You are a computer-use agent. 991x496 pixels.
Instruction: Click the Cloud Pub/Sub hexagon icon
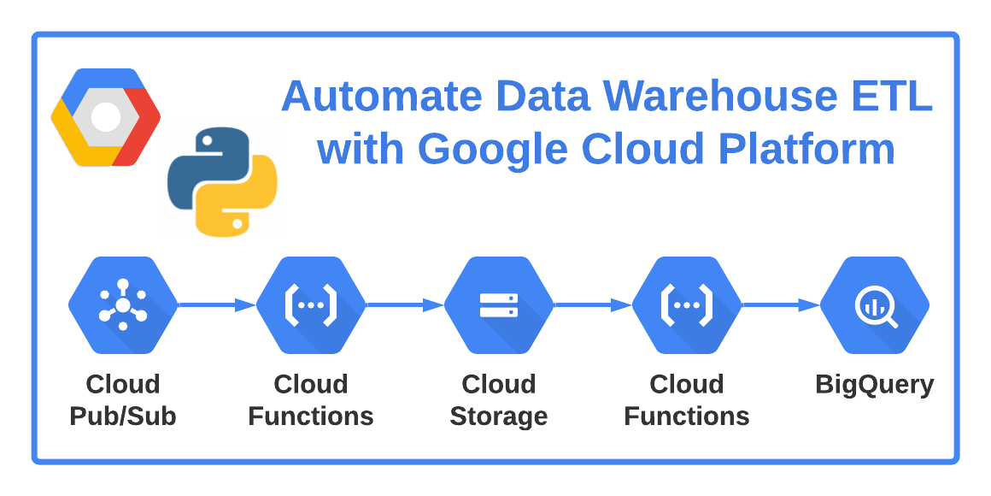click(x=123, y=305)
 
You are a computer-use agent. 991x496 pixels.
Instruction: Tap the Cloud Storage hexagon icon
click(x=499, y=305)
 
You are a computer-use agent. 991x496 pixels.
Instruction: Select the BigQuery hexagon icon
click(x=875, y=305)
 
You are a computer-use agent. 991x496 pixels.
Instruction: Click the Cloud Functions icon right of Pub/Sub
click(x=311, y=305)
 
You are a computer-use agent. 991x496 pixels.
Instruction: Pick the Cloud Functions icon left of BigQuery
click(x=687, y=305)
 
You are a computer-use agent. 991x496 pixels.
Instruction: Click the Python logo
click(x=222, y=181)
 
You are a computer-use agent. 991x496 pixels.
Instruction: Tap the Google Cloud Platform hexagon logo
click(x=105, y=117)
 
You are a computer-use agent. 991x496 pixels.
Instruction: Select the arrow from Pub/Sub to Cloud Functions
click(x=217, y=305)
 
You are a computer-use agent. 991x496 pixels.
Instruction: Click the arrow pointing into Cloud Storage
click(x=405, y=305)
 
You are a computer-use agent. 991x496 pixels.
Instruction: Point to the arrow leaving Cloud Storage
click(x=593, y=305)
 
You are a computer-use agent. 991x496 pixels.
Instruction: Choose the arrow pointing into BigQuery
click(x=781, y=305)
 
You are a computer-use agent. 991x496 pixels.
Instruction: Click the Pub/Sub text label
click(x=123, y=416)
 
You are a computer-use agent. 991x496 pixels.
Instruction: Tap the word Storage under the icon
click(x=499, y=416)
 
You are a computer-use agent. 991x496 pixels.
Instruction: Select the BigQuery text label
click(x=875, y=385)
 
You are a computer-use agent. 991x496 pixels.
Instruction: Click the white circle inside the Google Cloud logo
click(x=105, y=117)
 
